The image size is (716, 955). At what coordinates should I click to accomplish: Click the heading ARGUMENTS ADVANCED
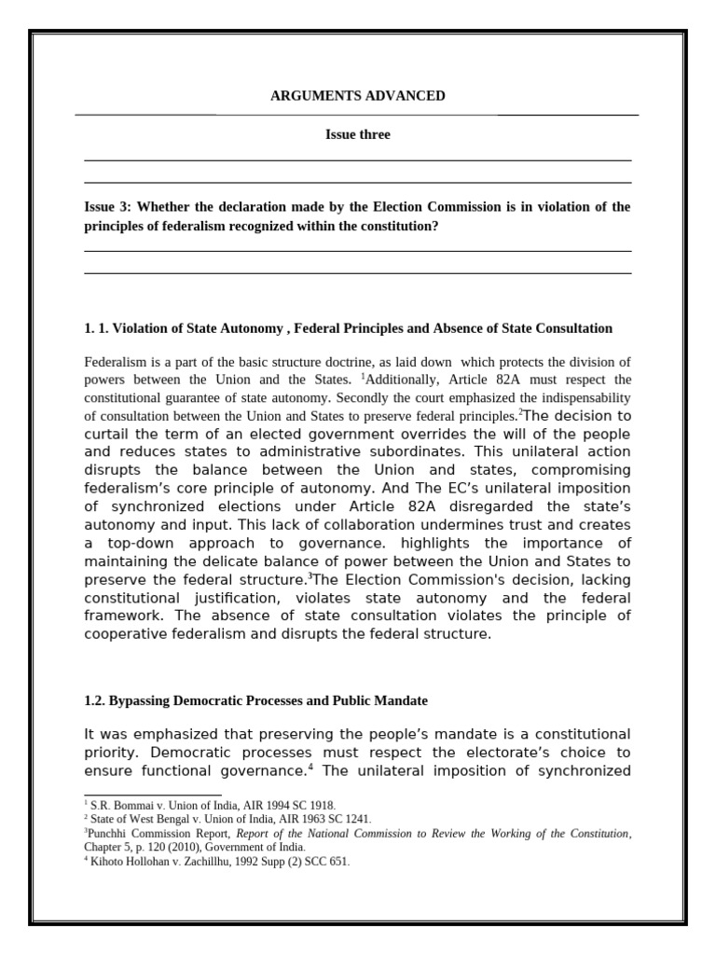tap(357, 96)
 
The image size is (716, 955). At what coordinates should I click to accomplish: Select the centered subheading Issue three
tap(357, 135)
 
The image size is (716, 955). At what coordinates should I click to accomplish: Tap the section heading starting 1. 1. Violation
tap(348, 328)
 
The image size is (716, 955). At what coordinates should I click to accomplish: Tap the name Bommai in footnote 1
tap(131, 805)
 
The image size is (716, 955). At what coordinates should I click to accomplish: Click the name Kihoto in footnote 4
tap(108, 862)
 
